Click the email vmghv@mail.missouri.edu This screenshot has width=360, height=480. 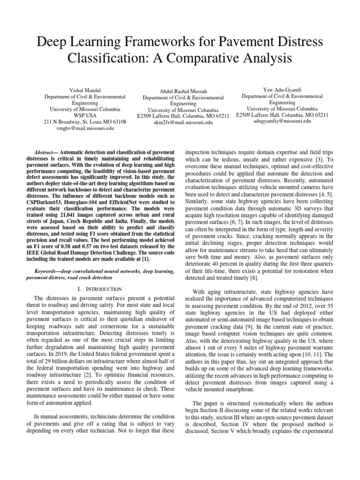click(x=85, y=128)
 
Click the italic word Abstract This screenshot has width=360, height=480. click(x=45, y=153)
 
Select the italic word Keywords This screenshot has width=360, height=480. click(x=50, y=271)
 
